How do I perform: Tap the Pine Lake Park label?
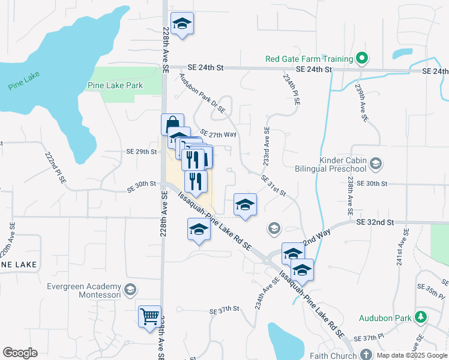[x=115, y=85]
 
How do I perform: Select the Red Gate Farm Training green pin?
[x=361, y=59]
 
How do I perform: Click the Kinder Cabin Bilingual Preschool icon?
[x=376, y=163]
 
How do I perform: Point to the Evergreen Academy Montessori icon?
[x=129, y=290]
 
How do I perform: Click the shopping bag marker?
[x=172, y=124]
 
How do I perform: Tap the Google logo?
[x=20, y=353]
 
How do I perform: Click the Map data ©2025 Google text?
[x=412, y=355]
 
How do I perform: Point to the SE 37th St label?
[x=224, y=310]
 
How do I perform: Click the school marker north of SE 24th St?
[x=182, y=23]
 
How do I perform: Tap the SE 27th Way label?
[x=218, y=134]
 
